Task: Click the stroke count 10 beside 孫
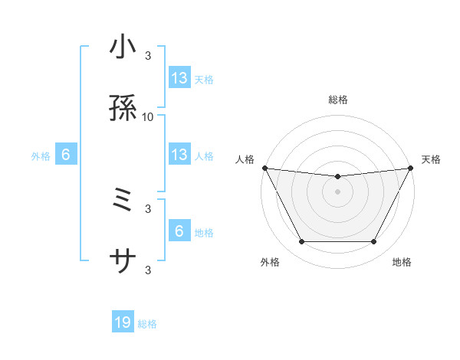(x=148, y=116)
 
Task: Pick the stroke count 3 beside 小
(x=148, y=55)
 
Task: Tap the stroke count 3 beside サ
(x=148, y=270)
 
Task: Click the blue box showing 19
(x=123, y=323)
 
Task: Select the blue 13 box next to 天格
(x=179, y=77)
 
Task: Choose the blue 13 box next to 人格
(x=179, y=155)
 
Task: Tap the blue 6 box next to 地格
(x=179, y=231)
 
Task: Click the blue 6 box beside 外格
(x=66, y=155)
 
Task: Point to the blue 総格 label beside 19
(x=147, y=324)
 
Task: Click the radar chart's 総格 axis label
(x=338, y=100)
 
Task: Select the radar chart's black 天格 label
(x=432, y=159)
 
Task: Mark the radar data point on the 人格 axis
(x=264, y=168)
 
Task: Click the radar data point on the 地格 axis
(x=374, y=242)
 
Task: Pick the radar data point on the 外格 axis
(x=301, y=242)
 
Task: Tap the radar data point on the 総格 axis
(x=338, y=177)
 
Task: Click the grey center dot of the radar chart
(x=338, y=191)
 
